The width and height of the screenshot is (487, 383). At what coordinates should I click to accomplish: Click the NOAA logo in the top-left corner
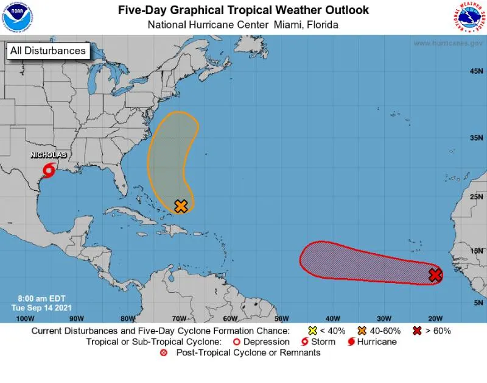coord(18,17)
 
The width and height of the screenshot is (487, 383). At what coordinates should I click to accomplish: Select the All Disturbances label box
coord(48,51)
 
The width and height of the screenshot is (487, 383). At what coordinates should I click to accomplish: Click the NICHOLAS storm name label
coord(48,156)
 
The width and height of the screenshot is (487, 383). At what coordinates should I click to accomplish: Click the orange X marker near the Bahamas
coord(180,206)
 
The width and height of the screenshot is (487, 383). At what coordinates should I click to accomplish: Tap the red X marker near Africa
coord(435,275)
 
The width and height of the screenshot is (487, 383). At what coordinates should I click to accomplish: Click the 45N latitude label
coord(477,71)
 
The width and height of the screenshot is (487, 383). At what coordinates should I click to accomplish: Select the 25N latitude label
coord(477,197)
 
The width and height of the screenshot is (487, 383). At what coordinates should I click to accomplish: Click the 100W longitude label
coord(24,318)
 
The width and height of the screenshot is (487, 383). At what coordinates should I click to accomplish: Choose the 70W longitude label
coord(178,318)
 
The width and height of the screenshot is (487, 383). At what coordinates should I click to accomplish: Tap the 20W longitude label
coord(435,318)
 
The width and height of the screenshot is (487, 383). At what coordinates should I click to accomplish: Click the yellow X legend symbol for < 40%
coord(312,331)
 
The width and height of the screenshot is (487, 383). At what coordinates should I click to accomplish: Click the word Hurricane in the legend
coord(377,342)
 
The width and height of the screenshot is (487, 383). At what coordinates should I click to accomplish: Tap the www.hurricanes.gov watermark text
coord(447,43)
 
